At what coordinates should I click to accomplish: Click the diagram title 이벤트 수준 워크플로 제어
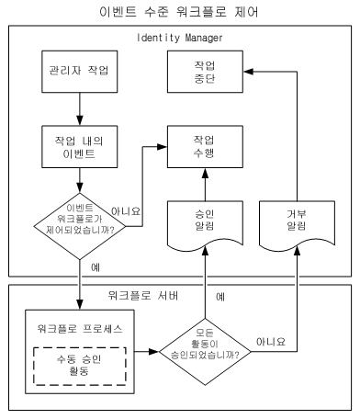click(179, 12)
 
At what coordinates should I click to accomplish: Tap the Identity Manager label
click(179, 38)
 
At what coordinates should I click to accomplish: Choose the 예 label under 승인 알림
click(219, 297)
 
